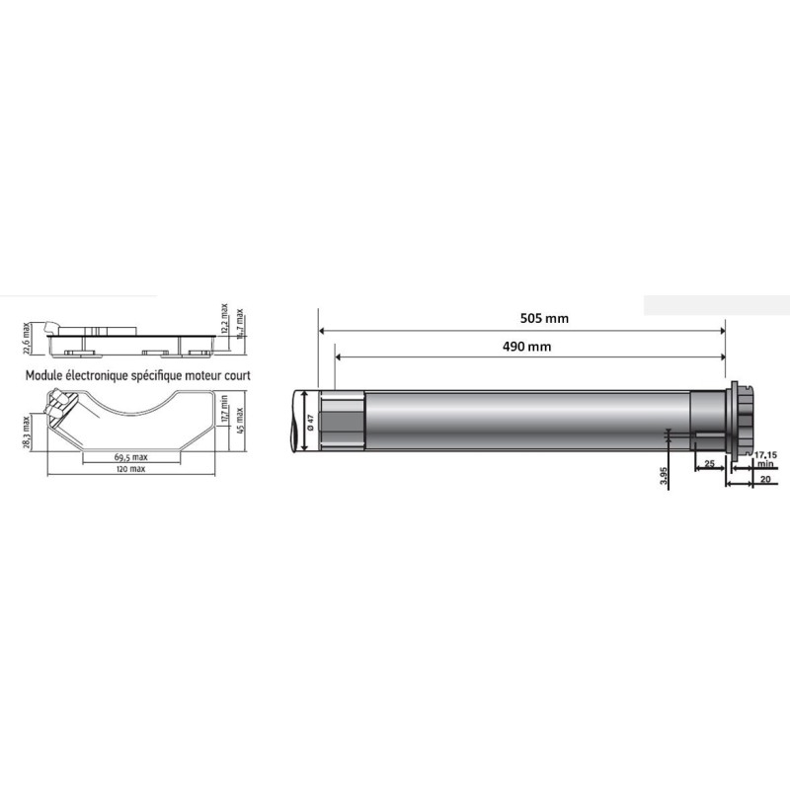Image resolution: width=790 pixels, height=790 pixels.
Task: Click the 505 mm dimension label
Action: coord(544,318)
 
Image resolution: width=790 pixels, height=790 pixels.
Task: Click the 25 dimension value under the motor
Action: coord(708,463)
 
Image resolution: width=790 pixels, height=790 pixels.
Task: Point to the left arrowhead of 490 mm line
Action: coord(340,357)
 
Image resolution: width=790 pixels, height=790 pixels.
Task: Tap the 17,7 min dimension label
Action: coord(225,407)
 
